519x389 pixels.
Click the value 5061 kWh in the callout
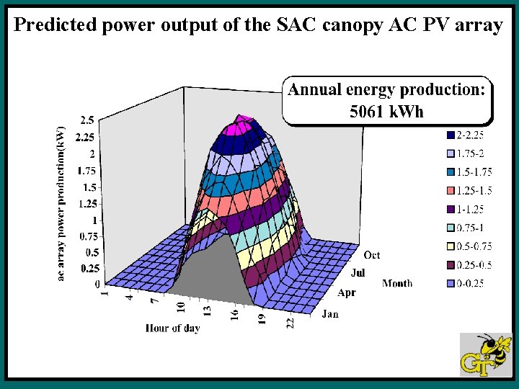click(x=386, y=112)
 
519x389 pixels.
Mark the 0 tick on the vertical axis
click(x=97, y=285)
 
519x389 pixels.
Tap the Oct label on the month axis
click(x=372, y=256)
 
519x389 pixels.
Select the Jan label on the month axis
click(x=330, y=314)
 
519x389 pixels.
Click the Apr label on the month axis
click(x=347, y=293)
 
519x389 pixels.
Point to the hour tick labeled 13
click(x=206, y=310)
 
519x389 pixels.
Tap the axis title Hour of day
click(x=173, y=328)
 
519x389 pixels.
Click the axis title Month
click(x=397, y=283)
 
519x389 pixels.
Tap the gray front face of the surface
click(x=216, y=274)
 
